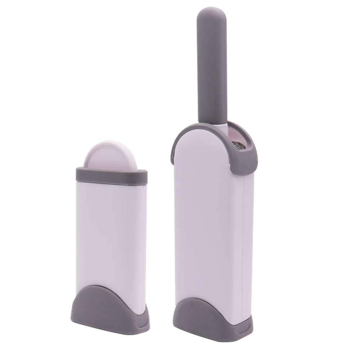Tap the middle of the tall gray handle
point(212,65)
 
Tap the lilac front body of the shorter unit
point(108,234)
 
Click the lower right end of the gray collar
point(245,169)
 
